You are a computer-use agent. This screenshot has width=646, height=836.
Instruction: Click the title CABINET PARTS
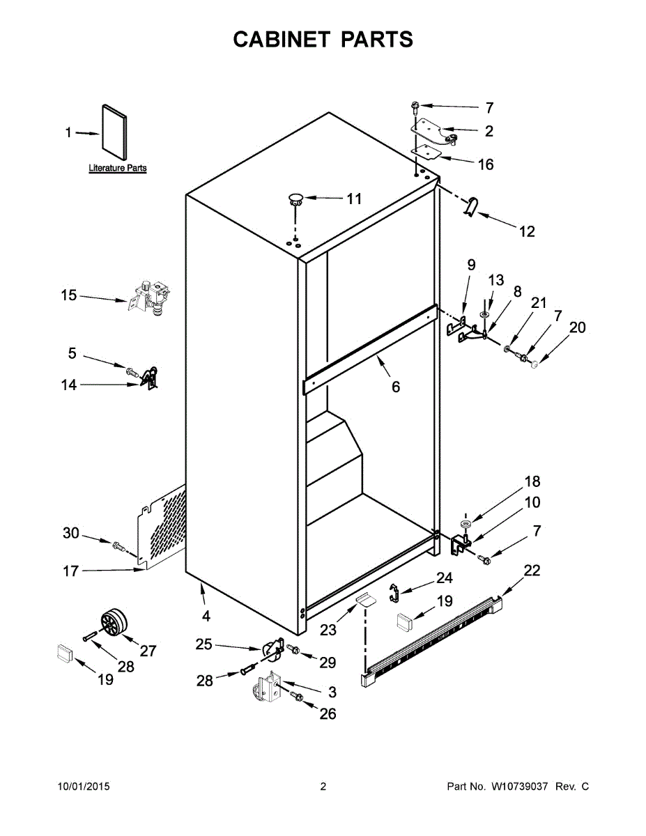[x=323, y=40]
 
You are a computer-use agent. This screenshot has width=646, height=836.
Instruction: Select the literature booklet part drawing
[x=115, y=132]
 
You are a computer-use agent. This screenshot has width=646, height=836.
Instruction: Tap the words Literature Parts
[x=118, y=168]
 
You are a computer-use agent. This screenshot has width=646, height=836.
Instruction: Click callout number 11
[x=354, y=199]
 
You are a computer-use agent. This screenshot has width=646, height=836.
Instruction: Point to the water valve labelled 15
[x=151, y=297]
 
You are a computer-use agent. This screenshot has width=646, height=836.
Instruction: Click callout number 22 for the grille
[x=532, y=571]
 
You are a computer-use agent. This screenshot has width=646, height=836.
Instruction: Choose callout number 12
[x=527, y=231]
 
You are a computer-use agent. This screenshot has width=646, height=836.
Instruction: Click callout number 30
[x=71, y=533]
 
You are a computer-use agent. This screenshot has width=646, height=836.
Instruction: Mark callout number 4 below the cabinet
[x=206, y=616]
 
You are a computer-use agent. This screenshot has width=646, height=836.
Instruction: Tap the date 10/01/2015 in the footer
[x=83, y=787]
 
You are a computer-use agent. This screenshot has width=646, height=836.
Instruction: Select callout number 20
[x=578, y=327]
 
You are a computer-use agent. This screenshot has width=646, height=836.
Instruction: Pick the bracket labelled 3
[x=266, y=688]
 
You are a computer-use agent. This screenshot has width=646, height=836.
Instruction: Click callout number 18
[x=532, y=481]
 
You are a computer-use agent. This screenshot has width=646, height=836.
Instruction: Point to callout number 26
[x=327, y=713]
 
